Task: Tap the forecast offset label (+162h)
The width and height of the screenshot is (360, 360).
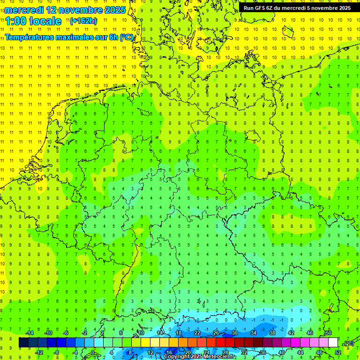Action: point(83,21)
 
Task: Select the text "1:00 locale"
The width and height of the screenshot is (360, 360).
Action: point(33,21)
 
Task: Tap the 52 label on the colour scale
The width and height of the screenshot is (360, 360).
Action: point(337,352)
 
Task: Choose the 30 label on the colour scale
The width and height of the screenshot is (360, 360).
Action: point(234,333)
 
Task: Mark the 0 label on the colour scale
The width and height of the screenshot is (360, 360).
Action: point(93,352)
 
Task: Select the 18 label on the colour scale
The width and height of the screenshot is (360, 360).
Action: point(178,333)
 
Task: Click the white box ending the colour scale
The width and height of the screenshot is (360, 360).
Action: point(333,343)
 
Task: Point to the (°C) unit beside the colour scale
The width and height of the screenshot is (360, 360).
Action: point(348,343)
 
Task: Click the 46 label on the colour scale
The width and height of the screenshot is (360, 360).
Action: point(309,333)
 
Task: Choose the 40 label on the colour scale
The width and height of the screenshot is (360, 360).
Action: point(281,352)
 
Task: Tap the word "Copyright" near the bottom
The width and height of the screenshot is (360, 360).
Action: point(176,357)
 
